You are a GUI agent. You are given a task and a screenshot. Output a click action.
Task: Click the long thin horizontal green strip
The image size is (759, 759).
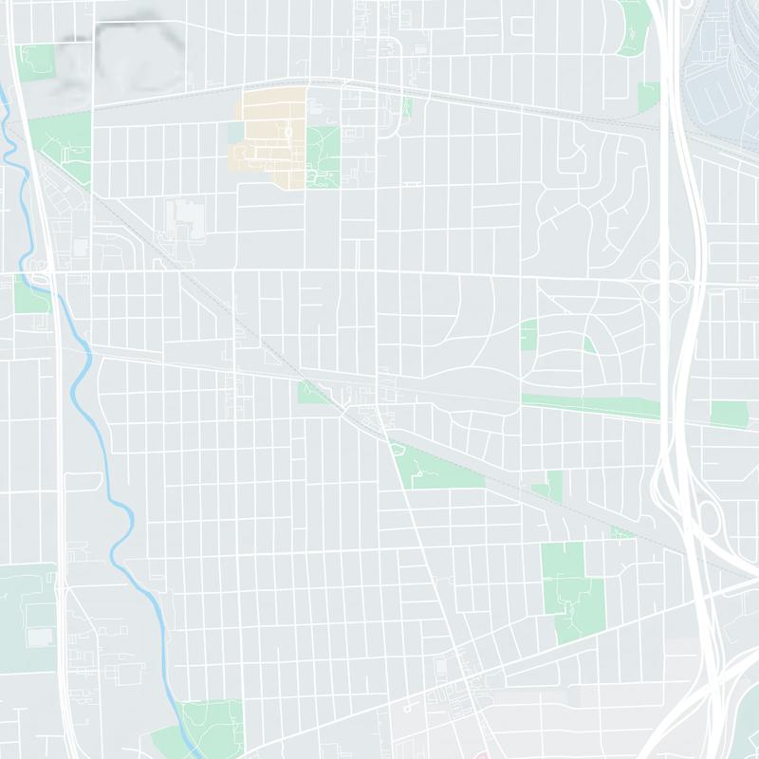coord(588,405)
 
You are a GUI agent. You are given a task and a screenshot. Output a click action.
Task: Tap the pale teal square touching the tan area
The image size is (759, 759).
coord(234,130)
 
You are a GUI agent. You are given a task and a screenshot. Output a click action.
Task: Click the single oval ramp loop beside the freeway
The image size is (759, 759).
coord(708,518)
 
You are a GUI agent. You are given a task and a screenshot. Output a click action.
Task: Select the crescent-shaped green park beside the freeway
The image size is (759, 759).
coord(634,27)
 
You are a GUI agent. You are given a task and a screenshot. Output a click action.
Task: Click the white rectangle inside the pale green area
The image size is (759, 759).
coord(41,636)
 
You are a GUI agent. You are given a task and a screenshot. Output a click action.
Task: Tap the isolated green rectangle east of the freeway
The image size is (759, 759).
coord(729,414)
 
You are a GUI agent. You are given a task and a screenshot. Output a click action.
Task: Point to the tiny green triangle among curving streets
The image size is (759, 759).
coord(588,344)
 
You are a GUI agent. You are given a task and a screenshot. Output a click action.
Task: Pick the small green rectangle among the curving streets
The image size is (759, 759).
coord(528,334)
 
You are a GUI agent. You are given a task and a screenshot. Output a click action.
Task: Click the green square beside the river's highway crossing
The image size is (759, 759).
coord(30,296)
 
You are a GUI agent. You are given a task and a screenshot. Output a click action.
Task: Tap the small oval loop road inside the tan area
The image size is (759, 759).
coord(288,130)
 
